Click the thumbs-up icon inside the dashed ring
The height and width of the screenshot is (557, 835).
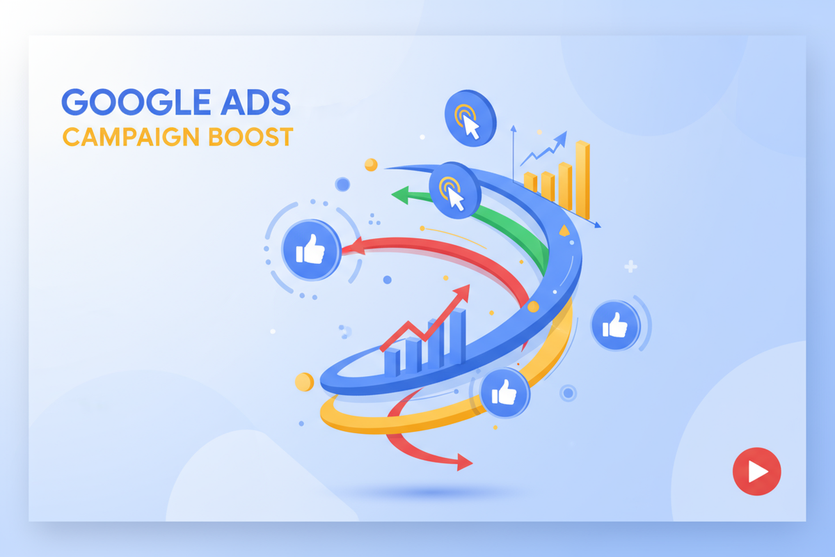pos(310,250)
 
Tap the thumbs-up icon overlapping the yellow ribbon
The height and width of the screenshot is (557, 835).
pos(504,393)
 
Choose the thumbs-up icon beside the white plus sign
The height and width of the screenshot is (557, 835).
pos(614,325)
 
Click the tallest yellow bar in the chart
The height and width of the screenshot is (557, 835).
pos(582,180)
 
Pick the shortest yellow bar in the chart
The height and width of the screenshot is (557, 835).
pos(531,183)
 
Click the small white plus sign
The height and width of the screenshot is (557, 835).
pos(630,267)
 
